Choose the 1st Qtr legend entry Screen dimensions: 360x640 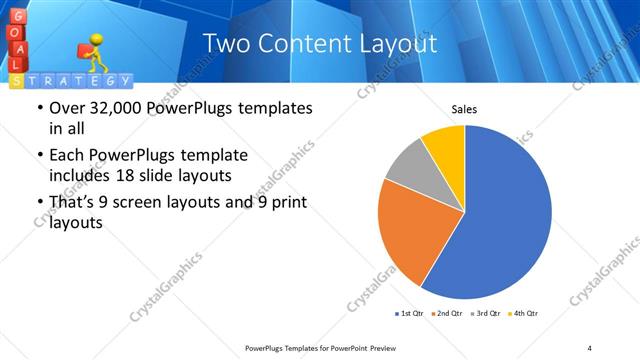[409, 314]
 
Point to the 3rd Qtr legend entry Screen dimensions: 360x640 [485, 314]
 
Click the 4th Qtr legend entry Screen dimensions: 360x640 [523, 314]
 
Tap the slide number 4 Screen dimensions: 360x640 [589, 347]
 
